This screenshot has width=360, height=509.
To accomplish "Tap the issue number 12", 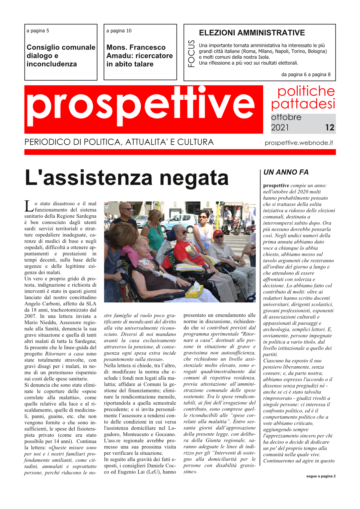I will pos(330,128).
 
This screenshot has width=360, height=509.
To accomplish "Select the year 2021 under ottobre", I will pos(280,128).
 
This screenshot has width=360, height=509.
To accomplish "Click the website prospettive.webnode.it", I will pos(299,143).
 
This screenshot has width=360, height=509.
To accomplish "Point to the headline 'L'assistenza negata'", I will pos(127,178).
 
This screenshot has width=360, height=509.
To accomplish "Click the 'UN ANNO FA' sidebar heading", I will pos(286,172).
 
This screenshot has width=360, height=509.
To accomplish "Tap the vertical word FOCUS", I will pos(191,54).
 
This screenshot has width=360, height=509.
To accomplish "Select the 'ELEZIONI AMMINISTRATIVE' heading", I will pos(252,33).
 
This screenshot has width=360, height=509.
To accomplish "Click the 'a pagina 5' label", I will pos(38,31).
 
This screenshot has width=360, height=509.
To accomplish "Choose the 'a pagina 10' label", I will pos(119,31).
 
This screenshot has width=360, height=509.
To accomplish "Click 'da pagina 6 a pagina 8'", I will pos(306,74).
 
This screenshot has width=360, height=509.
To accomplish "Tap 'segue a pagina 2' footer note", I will pos(320,476).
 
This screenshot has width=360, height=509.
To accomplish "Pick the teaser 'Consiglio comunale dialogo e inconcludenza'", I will pos(61,56).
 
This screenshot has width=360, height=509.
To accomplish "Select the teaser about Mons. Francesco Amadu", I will pos(140,56).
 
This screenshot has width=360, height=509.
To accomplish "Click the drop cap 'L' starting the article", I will pos(29,206).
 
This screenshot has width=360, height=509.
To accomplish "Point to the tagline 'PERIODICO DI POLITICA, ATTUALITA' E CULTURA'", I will pos(119,142).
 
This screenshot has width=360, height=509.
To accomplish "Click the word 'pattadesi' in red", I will pos(303,104).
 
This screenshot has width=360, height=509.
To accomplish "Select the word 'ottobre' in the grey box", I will pos(286,117).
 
